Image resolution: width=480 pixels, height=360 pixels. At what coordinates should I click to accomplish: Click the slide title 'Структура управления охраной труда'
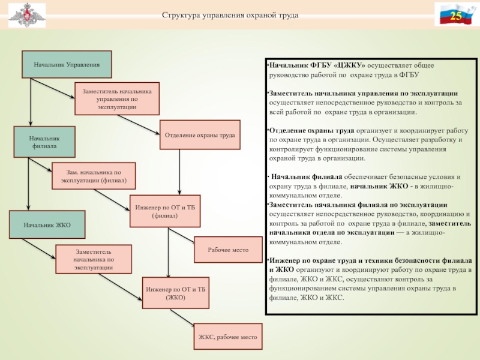(x=230, y=14)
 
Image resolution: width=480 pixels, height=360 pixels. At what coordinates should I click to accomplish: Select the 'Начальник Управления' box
(x=67, y=64)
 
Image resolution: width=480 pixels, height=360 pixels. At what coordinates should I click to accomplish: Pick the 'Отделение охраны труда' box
(x=200, y=135)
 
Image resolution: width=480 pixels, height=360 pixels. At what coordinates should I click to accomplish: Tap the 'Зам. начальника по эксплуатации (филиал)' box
(x=93, y=176)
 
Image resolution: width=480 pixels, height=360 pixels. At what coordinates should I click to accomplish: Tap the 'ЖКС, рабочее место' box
(x=228, y=337)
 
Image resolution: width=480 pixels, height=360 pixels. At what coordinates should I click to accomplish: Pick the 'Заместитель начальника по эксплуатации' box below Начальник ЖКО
(x=93, y=259)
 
